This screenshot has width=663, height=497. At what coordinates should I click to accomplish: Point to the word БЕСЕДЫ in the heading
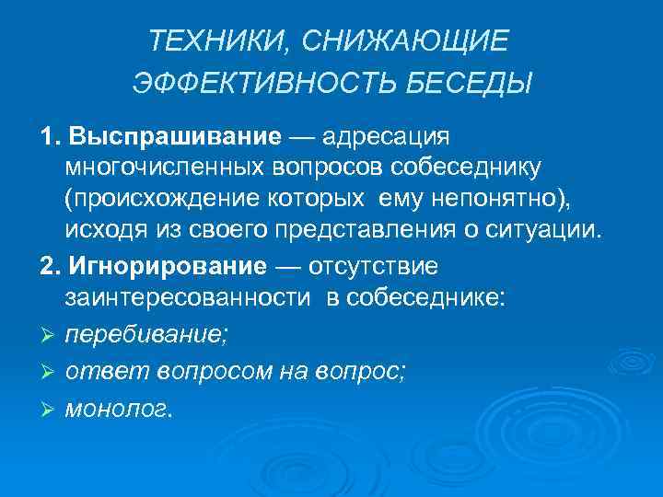pyautogui.click(x=476, y=85)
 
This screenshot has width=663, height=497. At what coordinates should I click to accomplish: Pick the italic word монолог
pyautogui.click(x=117, y=410)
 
